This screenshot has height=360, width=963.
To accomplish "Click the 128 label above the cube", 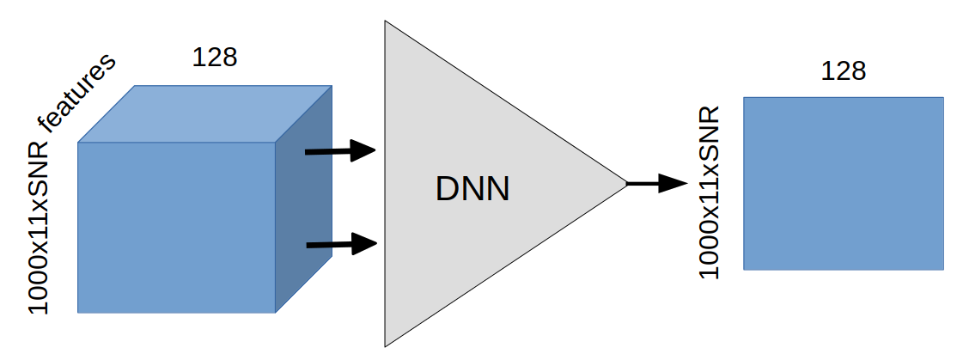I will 214,58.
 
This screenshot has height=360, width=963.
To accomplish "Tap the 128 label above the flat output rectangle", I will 843,70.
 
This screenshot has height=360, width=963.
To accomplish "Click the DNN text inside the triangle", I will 472,189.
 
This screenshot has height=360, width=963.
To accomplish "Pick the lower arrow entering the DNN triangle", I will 341,246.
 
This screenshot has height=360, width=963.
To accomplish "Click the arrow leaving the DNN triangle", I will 656,183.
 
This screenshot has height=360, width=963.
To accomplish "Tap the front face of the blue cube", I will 176,227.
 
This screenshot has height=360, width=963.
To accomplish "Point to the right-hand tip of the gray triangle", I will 625,183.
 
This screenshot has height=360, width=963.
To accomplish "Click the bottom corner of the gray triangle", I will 387,344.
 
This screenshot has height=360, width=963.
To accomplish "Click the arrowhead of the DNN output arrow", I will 674,183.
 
